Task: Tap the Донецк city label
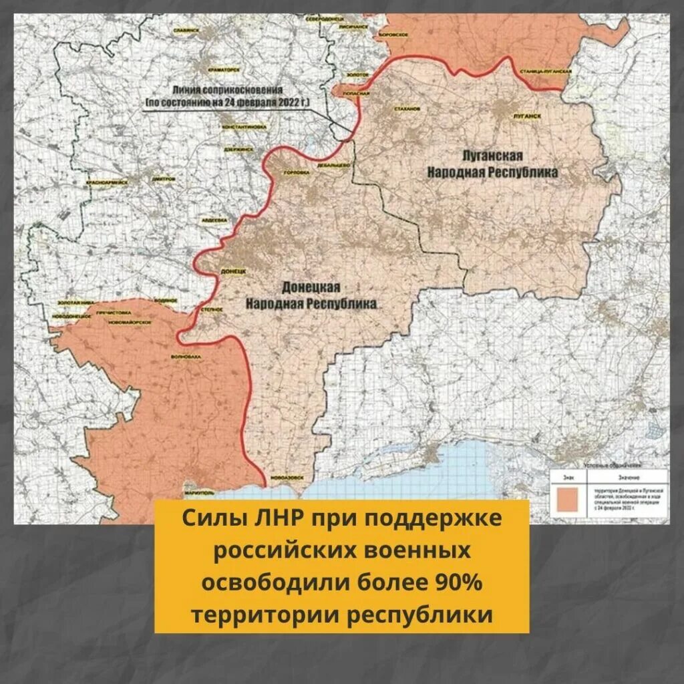[x=233, y=272]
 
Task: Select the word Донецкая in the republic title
[x=311, y=287]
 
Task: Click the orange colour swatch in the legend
[x=567, y=499]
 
